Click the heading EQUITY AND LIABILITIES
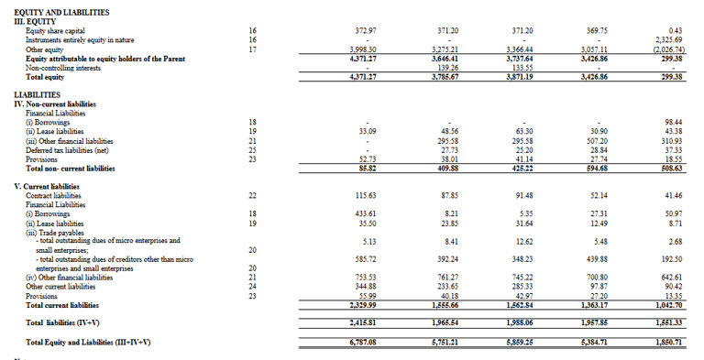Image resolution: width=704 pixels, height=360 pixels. [61, 12]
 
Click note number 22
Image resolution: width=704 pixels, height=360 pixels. [252, 196]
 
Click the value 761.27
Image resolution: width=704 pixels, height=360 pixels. [445, 278]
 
